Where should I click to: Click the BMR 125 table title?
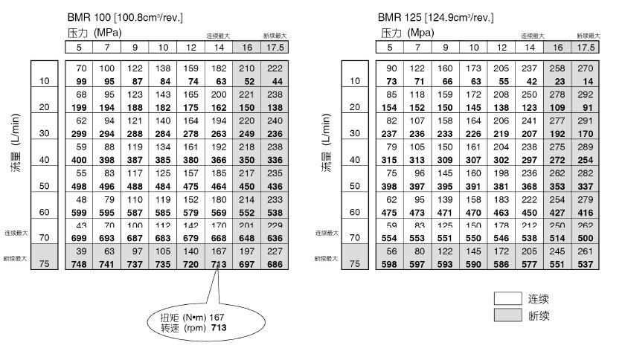coord(436,16)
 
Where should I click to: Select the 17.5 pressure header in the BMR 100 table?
coord(275,47)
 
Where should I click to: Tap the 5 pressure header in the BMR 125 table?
coord(389,47)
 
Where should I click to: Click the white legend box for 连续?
coord(509,299)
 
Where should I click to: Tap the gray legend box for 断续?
coord(509,316)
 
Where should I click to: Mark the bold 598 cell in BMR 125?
coord(389,264)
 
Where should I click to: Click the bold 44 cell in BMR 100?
coord(275,80)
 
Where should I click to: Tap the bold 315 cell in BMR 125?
coord(389,160)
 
